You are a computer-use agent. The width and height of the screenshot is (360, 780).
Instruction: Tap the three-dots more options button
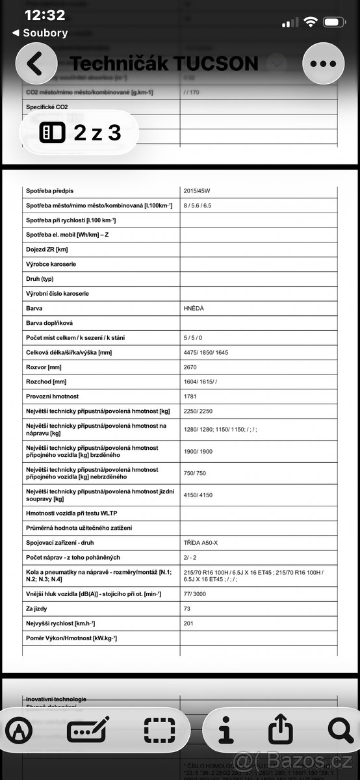point(322,64)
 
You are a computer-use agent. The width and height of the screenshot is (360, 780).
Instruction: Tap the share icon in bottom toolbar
point(280,731)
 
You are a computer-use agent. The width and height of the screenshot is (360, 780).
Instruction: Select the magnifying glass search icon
point(340,731)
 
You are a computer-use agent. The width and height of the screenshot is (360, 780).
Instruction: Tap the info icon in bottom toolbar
point(225,731)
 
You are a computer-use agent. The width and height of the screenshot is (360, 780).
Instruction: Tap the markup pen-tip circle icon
point(19,731)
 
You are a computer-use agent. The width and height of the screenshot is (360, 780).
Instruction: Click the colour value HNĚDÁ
point(194,308)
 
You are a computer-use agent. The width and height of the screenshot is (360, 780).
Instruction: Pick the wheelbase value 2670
point(191,367)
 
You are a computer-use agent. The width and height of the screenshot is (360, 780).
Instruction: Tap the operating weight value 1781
point(191,396)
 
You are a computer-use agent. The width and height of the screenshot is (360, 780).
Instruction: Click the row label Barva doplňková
point(49,323)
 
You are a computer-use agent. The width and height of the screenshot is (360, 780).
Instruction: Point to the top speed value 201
point(189,623)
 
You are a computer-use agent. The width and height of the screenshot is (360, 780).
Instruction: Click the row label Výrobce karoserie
point(52,264)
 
